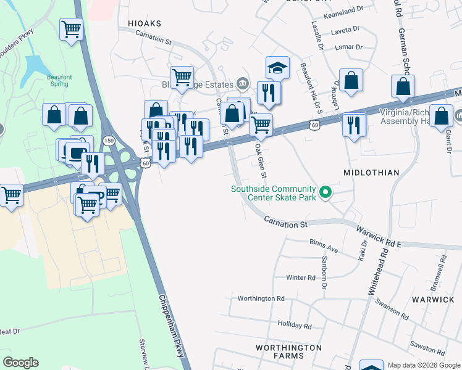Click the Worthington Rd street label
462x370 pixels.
tap(263, 298)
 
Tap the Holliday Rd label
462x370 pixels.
tap(295, 325)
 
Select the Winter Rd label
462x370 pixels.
tap(301, 278)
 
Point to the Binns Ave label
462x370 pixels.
tap(324, 249)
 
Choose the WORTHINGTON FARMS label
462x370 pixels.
tap(289, 351)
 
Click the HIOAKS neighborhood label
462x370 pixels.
tap(145, 23)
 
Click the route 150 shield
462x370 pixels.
tap(109, 141)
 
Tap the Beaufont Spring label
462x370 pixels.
tap(61, 81)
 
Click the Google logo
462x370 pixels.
tap(20, 363)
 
